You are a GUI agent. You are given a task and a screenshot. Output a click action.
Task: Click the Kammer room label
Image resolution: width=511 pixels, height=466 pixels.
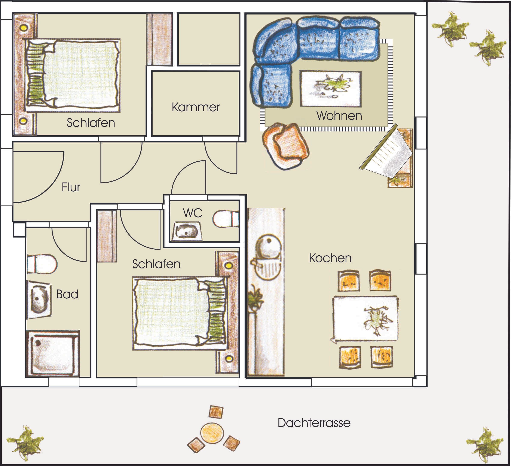tap(196, 107)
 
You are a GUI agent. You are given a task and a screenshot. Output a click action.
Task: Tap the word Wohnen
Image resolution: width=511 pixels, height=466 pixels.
tap(339, 116)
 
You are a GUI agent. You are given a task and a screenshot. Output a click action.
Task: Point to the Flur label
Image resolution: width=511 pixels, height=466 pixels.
tap(71, 187)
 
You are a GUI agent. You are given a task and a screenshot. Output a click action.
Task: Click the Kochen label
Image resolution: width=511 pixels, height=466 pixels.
tap(330, 258)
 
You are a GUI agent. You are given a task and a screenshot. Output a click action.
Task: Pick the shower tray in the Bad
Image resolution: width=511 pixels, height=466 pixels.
tap(53, 353)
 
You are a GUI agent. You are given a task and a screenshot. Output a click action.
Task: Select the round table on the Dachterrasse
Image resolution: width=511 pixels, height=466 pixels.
tap(212, 433)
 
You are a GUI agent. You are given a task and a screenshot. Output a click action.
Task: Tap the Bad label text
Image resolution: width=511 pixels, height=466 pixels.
tap(67, 294)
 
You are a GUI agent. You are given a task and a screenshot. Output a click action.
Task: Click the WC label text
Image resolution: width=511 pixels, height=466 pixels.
tap(193, 213)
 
